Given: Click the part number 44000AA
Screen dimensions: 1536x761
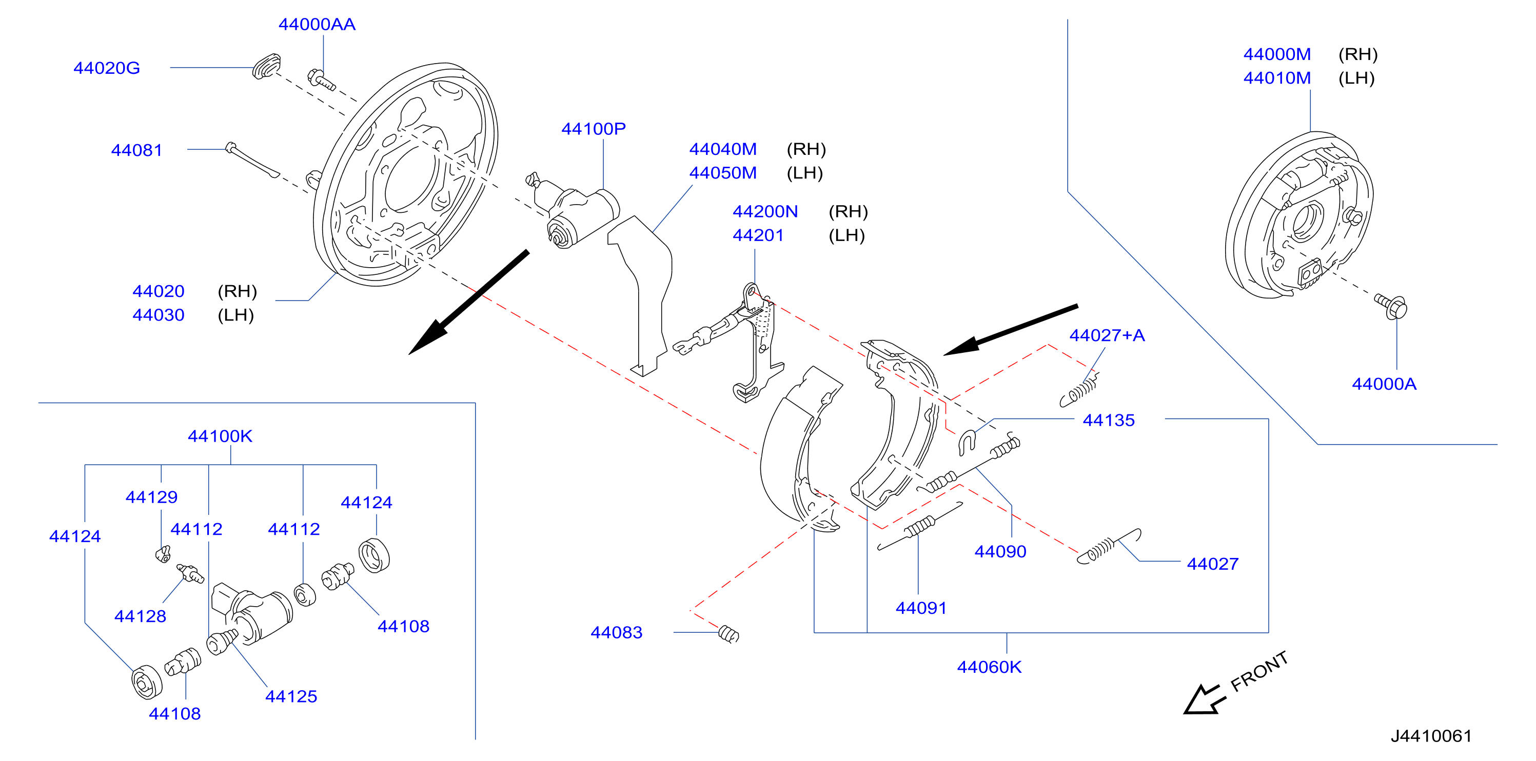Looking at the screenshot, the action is pyautogui.click(x=317, y=25).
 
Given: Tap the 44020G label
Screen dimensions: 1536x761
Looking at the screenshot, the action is pyautogui.click(x=107, y=68).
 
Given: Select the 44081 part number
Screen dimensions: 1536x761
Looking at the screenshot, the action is pyautogui.click(x=136, y=150).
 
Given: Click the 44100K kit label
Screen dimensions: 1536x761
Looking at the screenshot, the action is pyautogui.click(x=220, y=436).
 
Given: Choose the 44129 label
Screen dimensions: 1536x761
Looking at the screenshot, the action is pyautogui.click(x=151, y=497).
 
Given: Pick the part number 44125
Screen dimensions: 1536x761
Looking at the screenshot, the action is pyautogui.click(x=291, y=696).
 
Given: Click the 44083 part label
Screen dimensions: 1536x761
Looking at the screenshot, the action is pyautogui.click(x=616, y=632).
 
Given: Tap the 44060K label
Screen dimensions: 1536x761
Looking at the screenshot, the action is pyautogui.click(x=989, y=667).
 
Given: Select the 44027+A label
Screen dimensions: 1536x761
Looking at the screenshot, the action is pyautogui.click(x=1107, y=335).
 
